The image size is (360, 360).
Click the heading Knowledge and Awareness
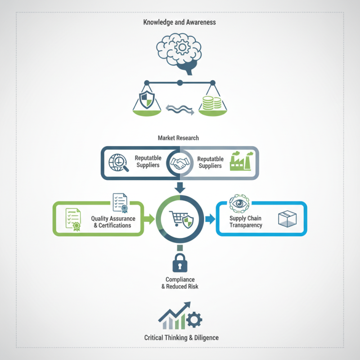click(180, 22)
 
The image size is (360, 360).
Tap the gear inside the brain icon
click(182, 47)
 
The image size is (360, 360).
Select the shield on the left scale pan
click(147, 99)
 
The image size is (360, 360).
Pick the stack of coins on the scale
click(211, 103)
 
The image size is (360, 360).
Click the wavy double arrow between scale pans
click(180, 109)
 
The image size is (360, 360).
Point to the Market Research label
click(178, 138)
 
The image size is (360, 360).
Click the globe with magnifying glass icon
click(118, 163)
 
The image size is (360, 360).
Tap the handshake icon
click(180, 163)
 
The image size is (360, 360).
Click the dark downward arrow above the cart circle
click(180, 188)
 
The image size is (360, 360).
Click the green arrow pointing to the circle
click(149, 219)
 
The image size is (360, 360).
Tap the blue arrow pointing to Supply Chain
click(210, 219)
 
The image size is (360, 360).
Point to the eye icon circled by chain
click(239, 204)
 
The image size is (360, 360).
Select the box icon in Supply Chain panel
click(287, 219)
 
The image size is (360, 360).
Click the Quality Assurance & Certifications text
click(113, 222)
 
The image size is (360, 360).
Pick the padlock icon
click(180, 263)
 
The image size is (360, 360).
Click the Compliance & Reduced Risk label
click(180, 283)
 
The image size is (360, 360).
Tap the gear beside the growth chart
click(194, 319)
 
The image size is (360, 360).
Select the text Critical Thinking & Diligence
click(181, 338)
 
